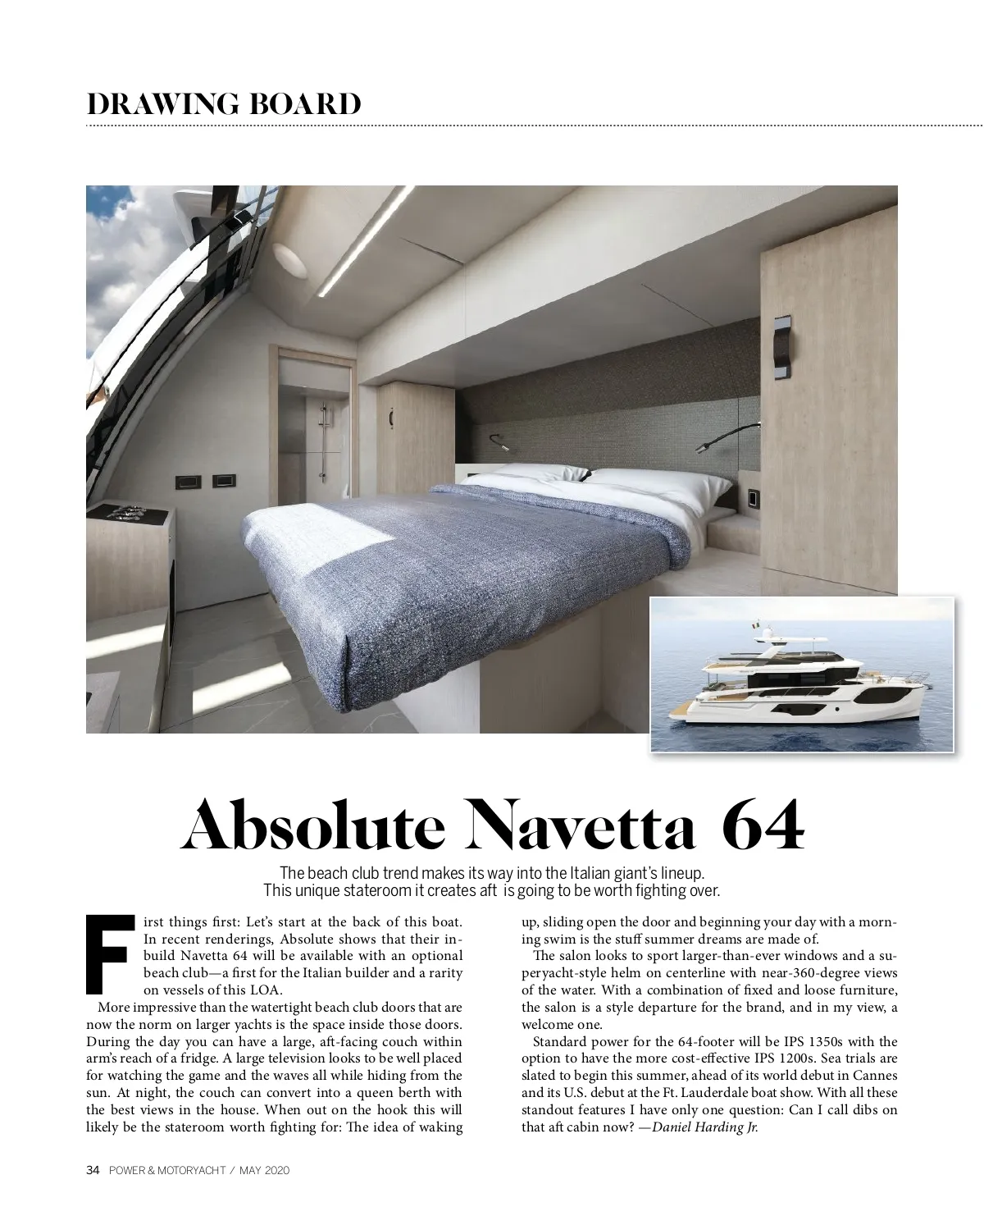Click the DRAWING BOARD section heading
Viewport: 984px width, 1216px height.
(223, 105)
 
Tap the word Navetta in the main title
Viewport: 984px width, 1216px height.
(581, 826)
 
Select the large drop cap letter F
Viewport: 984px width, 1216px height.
(108, 952)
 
